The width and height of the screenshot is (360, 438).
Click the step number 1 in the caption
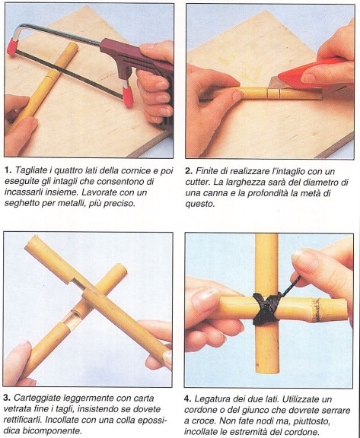[x=8, y=170]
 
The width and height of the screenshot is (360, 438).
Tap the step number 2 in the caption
[x=189, y=171]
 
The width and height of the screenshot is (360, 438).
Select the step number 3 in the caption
[x=7, y=398]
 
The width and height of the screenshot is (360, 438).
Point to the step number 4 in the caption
[x=187, y=399]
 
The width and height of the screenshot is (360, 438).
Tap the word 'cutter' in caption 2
[x=198, y=182]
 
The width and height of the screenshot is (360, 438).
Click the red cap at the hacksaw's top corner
[x=13, y=46]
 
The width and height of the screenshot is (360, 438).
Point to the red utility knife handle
[x=311, y=74]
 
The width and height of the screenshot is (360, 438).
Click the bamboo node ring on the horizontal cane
[x=317, y=310]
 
